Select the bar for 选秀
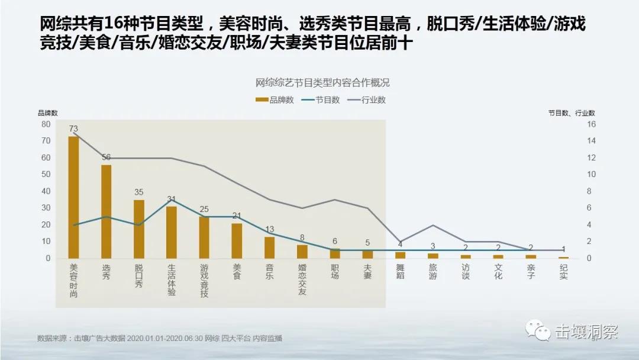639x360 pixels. point(106,211)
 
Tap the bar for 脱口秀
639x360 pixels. point(139,229)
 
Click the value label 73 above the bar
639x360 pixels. point(73,128)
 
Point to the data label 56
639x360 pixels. point(106,157)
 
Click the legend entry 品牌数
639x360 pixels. point(275,100)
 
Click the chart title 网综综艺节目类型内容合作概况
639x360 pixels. point(322,83)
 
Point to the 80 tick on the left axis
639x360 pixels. point(46,124)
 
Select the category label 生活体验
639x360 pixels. point(172,279)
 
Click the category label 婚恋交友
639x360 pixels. point(302,279)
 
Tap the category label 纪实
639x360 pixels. point(563,272)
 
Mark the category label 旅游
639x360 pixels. point(433,272)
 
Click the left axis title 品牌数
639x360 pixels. point(48,112)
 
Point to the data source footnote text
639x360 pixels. point(160,339)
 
